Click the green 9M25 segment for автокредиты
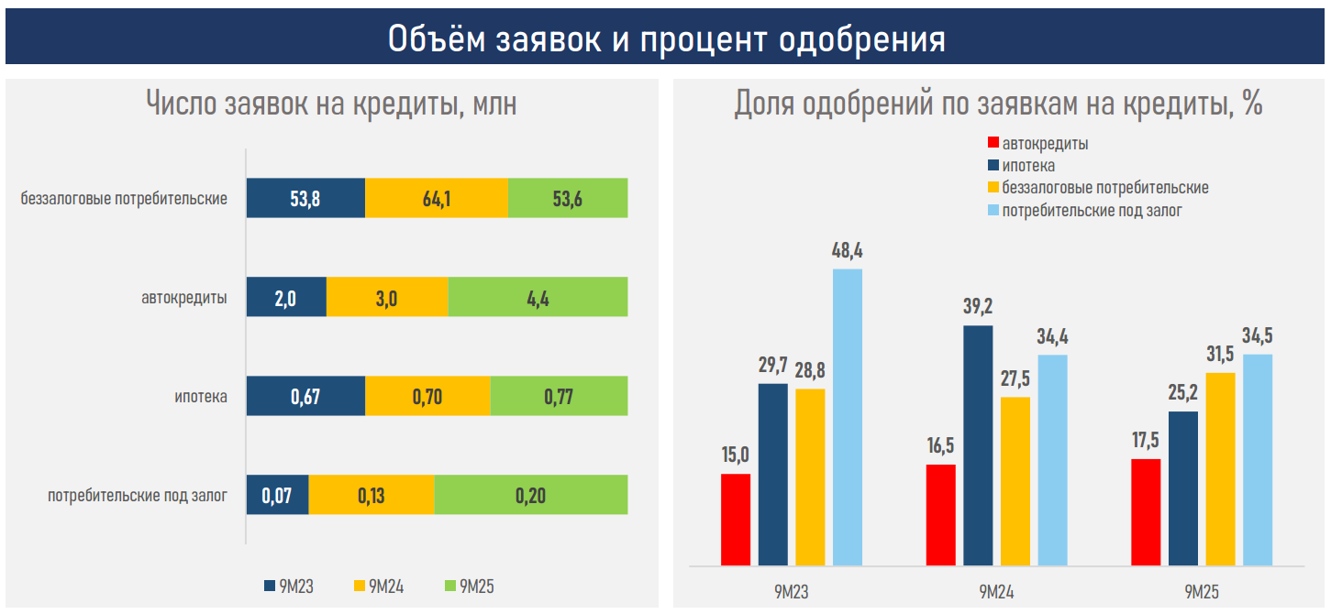(538, 297)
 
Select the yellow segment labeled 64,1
(436, 198)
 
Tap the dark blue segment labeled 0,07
(277, 495)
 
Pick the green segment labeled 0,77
(559, 396)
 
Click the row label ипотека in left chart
(201, 397)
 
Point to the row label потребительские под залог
(138, 496)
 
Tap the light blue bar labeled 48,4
(848, 417)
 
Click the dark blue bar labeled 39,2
(978, 445)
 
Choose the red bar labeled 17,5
(1146, 511)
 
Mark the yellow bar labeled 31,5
(1220, 468)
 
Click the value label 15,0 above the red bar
(735, 455)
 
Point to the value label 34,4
(1052, 336)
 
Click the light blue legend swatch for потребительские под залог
(993, 210)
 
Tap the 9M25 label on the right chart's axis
(1202, 591)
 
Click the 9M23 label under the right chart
(791, 591)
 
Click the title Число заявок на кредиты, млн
(331, 104)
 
